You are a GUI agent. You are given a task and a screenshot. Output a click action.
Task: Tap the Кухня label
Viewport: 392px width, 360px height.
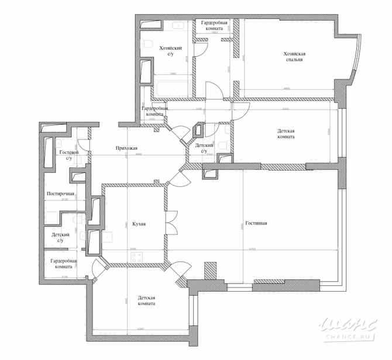(x=139, y=224)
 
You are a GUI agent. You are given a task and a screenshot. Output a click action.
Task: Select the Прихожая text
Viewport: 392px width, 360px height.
(x=126, y=148)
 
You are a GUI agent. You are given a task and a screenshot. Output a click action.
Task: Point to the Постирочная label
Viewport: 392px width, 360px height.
(x=60, y=193)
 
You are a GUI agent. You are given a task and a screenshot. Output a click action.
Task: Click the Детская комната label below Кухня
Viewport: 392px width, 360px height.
(x=146, y=300)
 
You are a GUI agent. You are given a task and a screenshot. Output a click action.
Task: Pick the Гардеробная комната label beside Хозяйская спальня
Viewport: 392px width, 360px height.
(x=215, y=25)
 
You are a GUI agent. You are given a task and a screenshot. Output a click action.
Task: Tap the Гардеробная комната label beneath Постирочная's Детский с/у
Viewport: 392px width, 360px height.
(x=61, y=264)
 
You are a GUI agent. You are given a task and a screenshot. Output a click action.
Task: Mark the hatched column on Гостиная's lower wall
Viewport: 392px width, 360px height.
(x=210, y=272)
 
